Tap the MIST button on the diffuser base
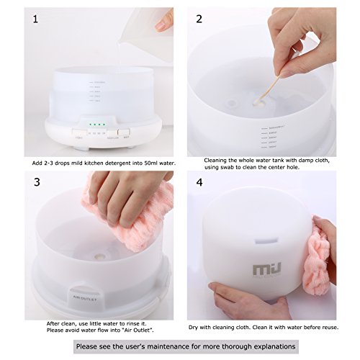(122, 133)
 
